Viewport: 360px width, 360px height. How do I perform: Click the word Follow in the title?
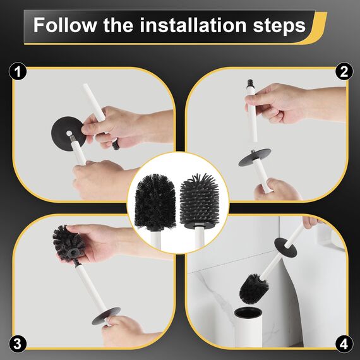coord(65,25)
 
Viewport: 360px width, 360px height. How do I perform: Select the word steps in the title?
coord(279,26)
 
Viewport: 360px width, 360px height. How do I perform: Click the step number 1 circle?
coord(18,71)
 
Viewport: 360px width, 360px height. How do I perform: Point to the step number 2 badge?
coord(344,71)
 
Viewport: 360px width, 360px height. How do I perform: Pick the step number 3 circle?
coord(18,344)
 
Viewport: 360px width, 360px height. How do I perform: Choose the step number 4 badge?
coord(344,344)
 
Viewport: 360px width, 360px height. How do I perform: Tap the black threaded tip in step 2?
coord(251,83)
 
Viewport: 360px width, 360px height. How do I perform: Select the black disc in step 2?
coord(255,157)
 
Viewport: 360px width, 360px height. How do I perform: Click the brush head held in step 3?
coord(68,244)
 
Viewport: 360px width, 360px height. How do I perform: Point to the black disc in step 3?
coord(106,316)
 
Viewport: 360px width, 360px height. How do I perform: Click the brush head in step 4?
coord(254,289)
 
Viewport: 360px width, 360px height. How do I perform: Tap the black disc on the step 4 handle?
coord(285,248)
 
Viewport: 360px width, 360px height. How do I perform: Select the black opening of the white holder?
coord(248,313)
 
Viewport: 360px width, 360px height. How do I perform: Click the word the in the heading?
coord(118,25)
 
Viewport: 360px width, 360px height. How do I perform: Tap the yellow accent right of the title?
coord(318,28)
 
